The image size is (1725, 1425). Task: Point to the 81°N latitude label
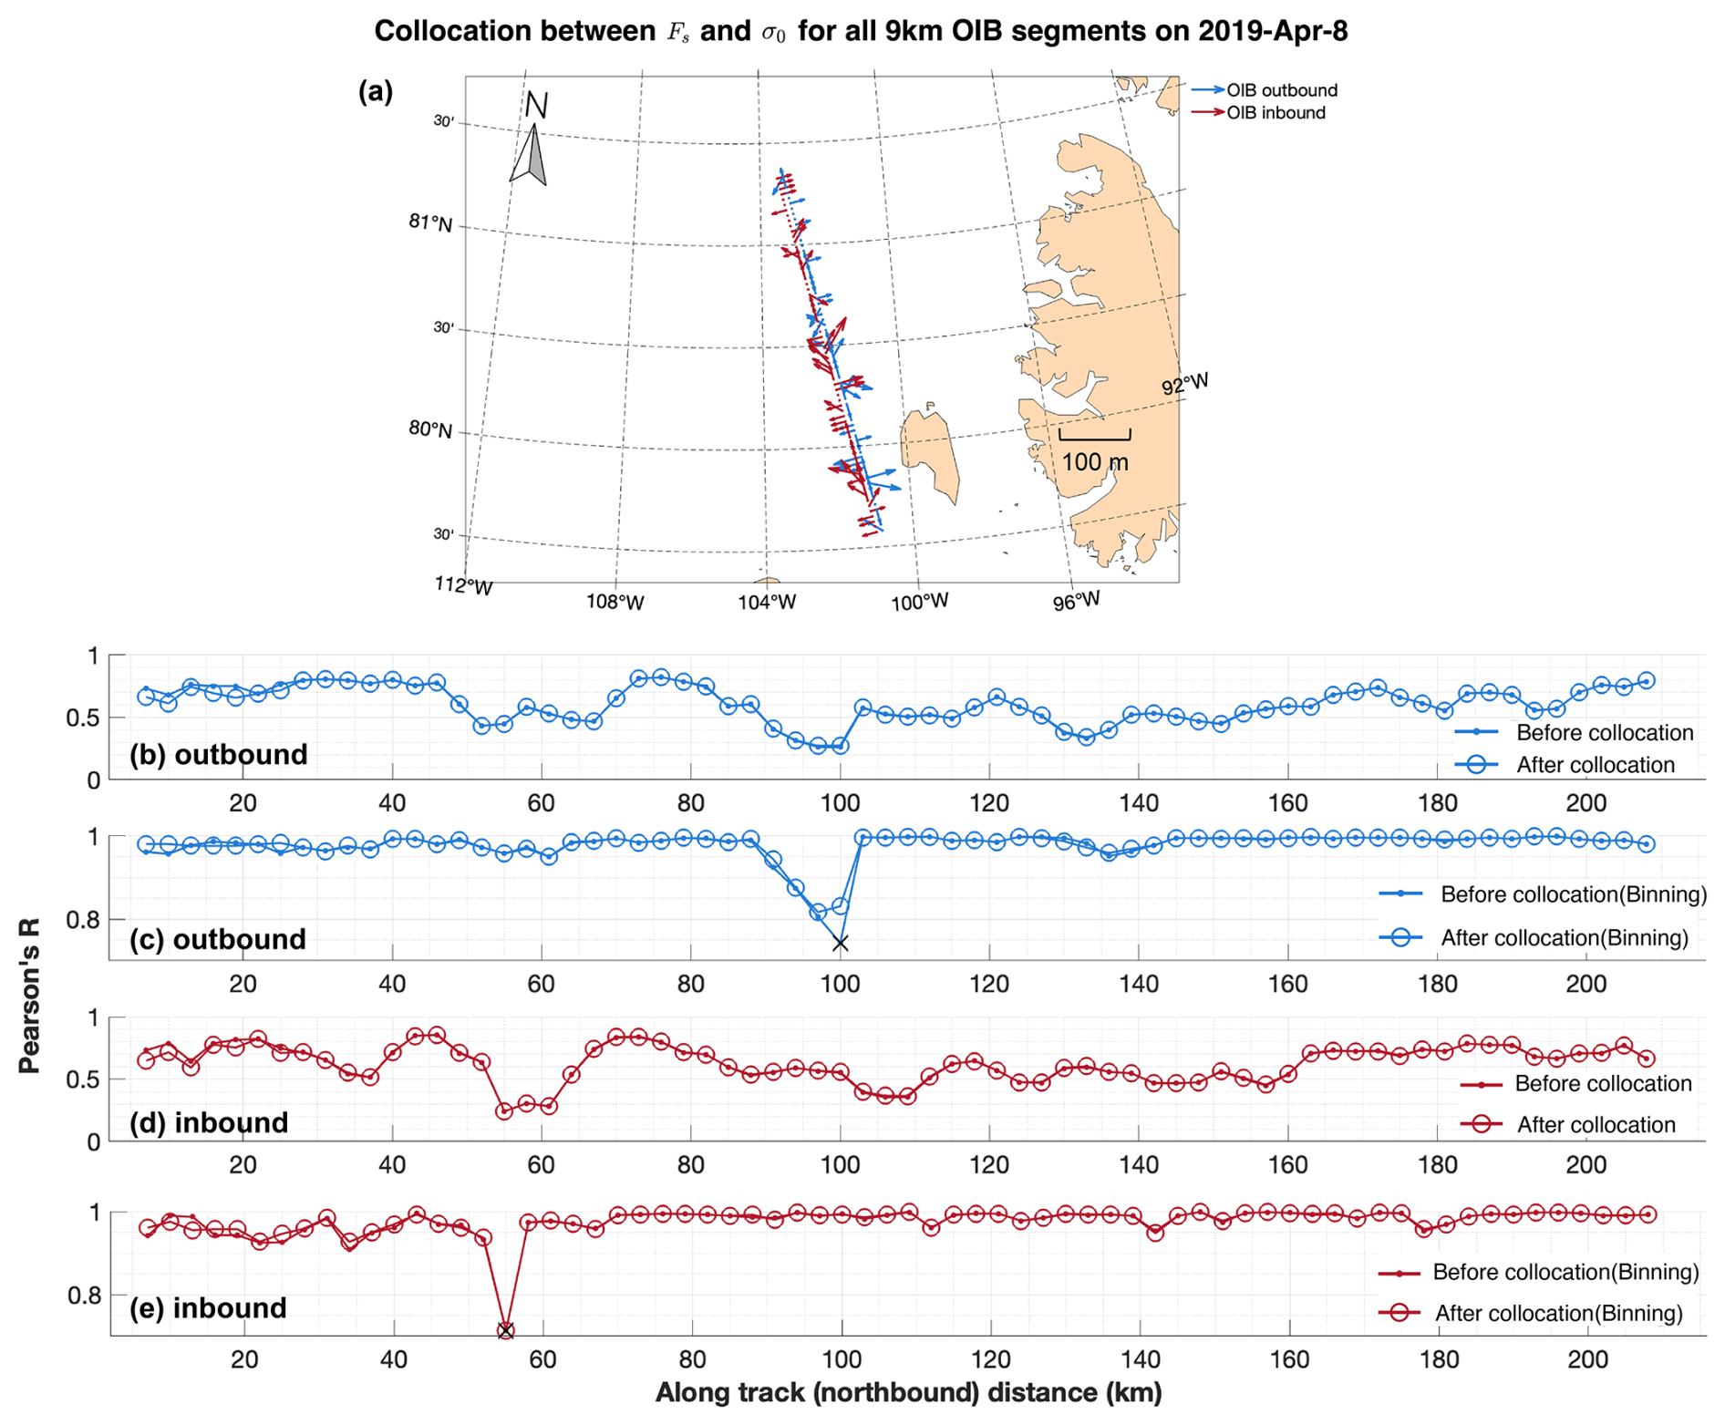pyautogui.click(x=429, y=222)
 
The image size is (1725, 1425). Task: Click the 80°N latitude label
pyautogui.click(x=429, y=429)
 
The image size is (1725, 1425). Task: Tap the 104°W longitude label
pyautogui.click(x=767, y=602)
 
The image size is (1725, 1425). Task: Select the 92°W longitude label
pyautogui.click(x=1184, y=384)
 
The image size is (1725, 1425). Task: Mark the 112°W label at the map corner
pyautogui.click(x=463, y=585)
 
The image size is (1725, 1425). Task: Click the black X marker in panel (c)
pyautogui.click(x=841, y=943)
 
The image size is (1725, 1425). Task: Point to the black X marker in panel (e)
pyautogui.click(x=506, y=1331)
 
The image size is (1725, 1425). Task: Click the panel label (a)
pyautogui.click(x=376, y=91)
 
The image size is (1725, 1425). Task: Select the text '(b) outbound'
pyautogui.click(x=218, y=755)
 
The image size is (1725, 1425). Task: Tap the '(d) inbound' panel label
pyautogui.click(x=209, y=1122)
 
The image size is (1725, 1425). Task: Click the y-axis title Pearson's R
pyautogui.click(x=29, y=996)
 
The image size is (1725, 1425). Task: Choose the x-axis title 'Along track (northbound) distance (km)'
pyautogui.click(x=908, y=1392)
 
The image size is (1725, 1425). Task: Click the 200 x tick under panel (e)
pyautogui.click(x=1587, y=1359)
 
